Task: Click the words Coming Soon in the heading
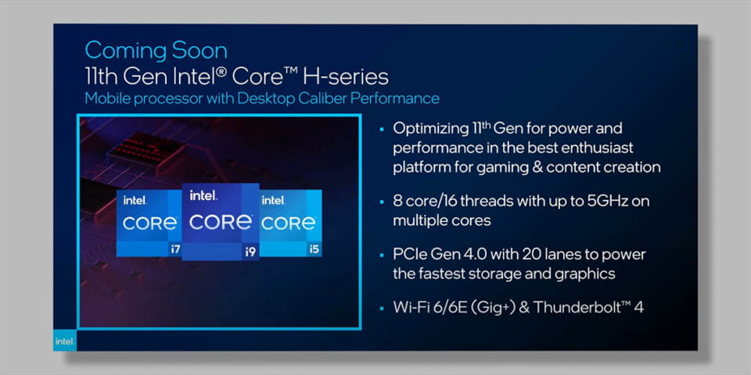156,50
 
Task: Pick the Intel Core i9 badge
221,222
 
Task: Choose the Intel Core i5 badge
290,223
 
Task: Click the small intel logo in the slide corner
64,341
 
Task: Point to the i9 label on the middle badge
250,252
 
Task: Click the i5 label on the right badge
314,249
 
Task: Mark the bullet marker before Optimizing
382,129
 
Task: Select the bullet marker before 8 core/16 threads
382,202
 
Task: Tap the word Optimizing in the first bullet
430,129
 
